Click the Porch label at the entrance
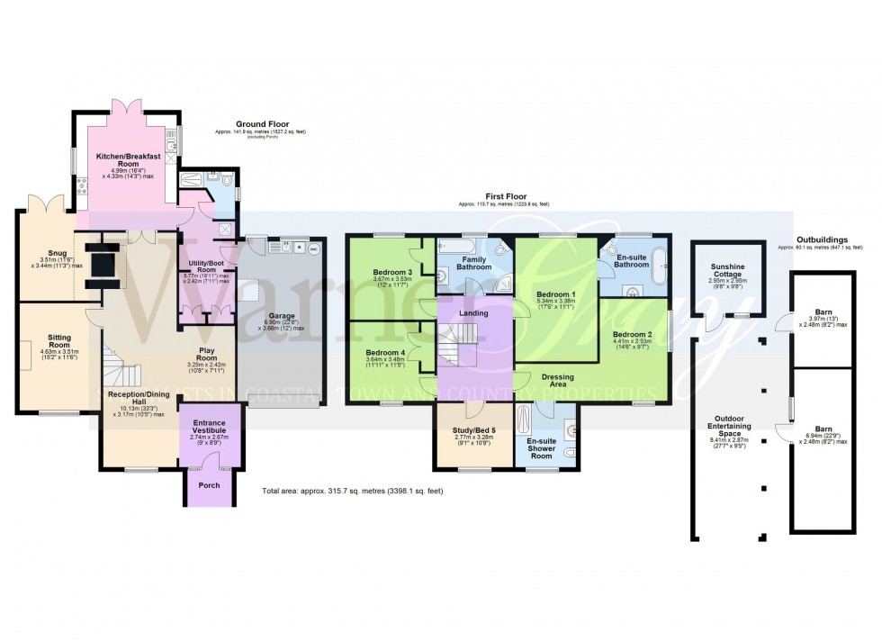click(209, 486)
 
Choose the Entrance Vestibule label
click(209, 426)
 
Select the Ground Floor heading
click(256, 123)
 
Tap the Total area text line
click(353, 492)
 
